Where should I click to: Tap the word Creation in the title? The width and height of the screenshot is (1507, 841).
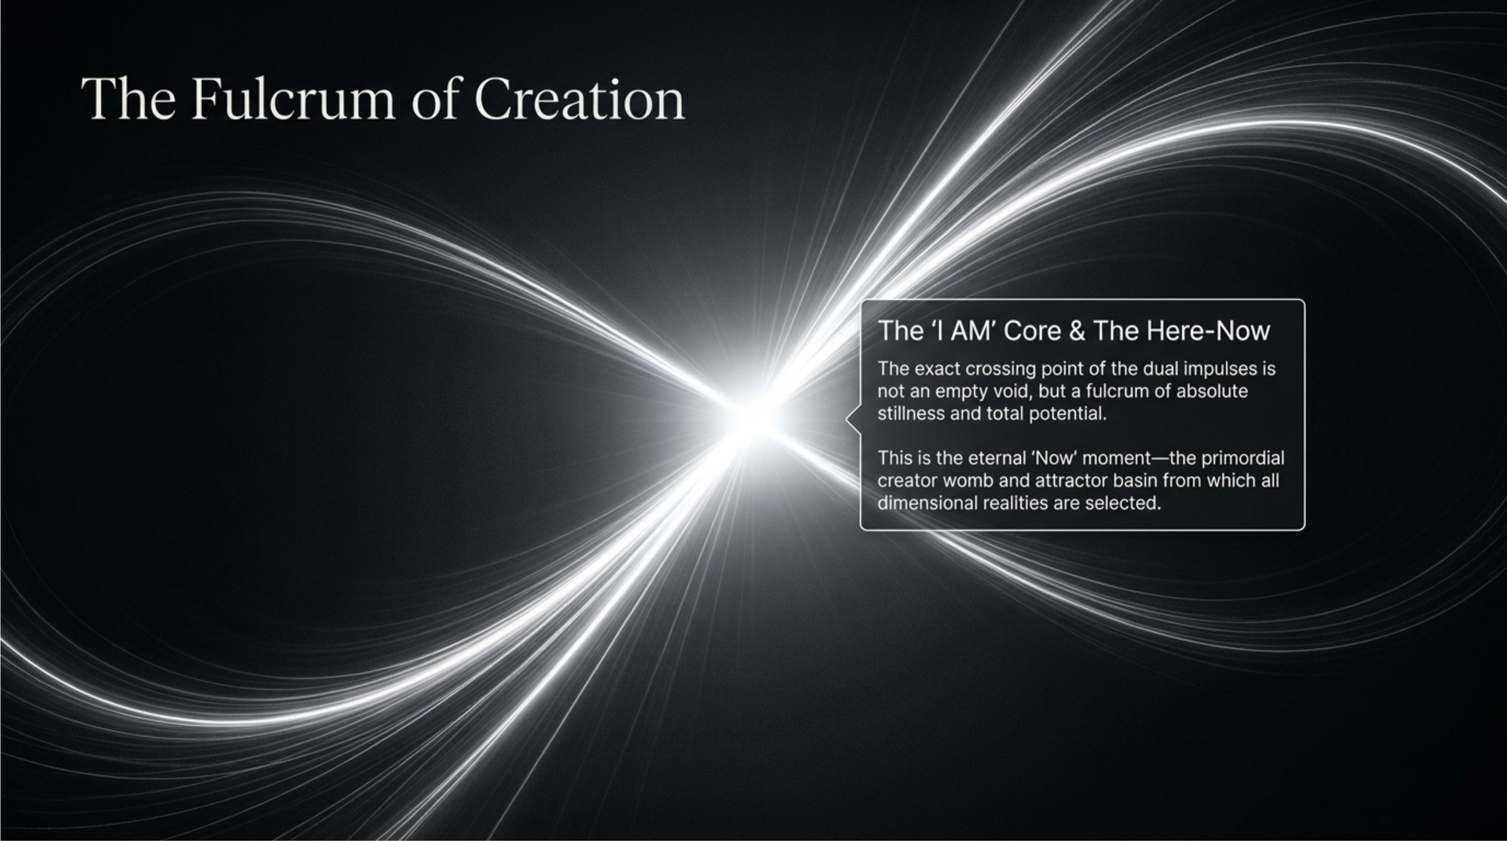pyautogui.click(x=579, y=99)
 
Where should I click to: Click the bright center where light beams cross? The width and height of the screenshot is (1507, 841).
pyautogui.click(x=750, y=420)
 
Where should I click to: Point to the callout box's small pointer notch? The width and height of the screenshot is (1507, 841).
pyautogui.click(x=851, y=418)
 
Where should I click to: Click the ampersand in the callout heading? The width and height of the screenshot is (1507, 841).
pyautogui.click(x=1078, y=331)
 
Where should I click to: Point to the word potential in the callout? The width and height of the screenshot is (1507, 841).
pyautogui.click(x=1068, y=414)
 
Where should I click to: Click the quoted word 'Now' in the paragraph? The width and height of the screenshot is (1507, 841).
pyautogui.click(x=1053, y=458)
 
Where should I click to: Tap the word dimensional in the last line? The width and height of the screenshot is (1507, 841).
pyautogui.click(x=928, y=503)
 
